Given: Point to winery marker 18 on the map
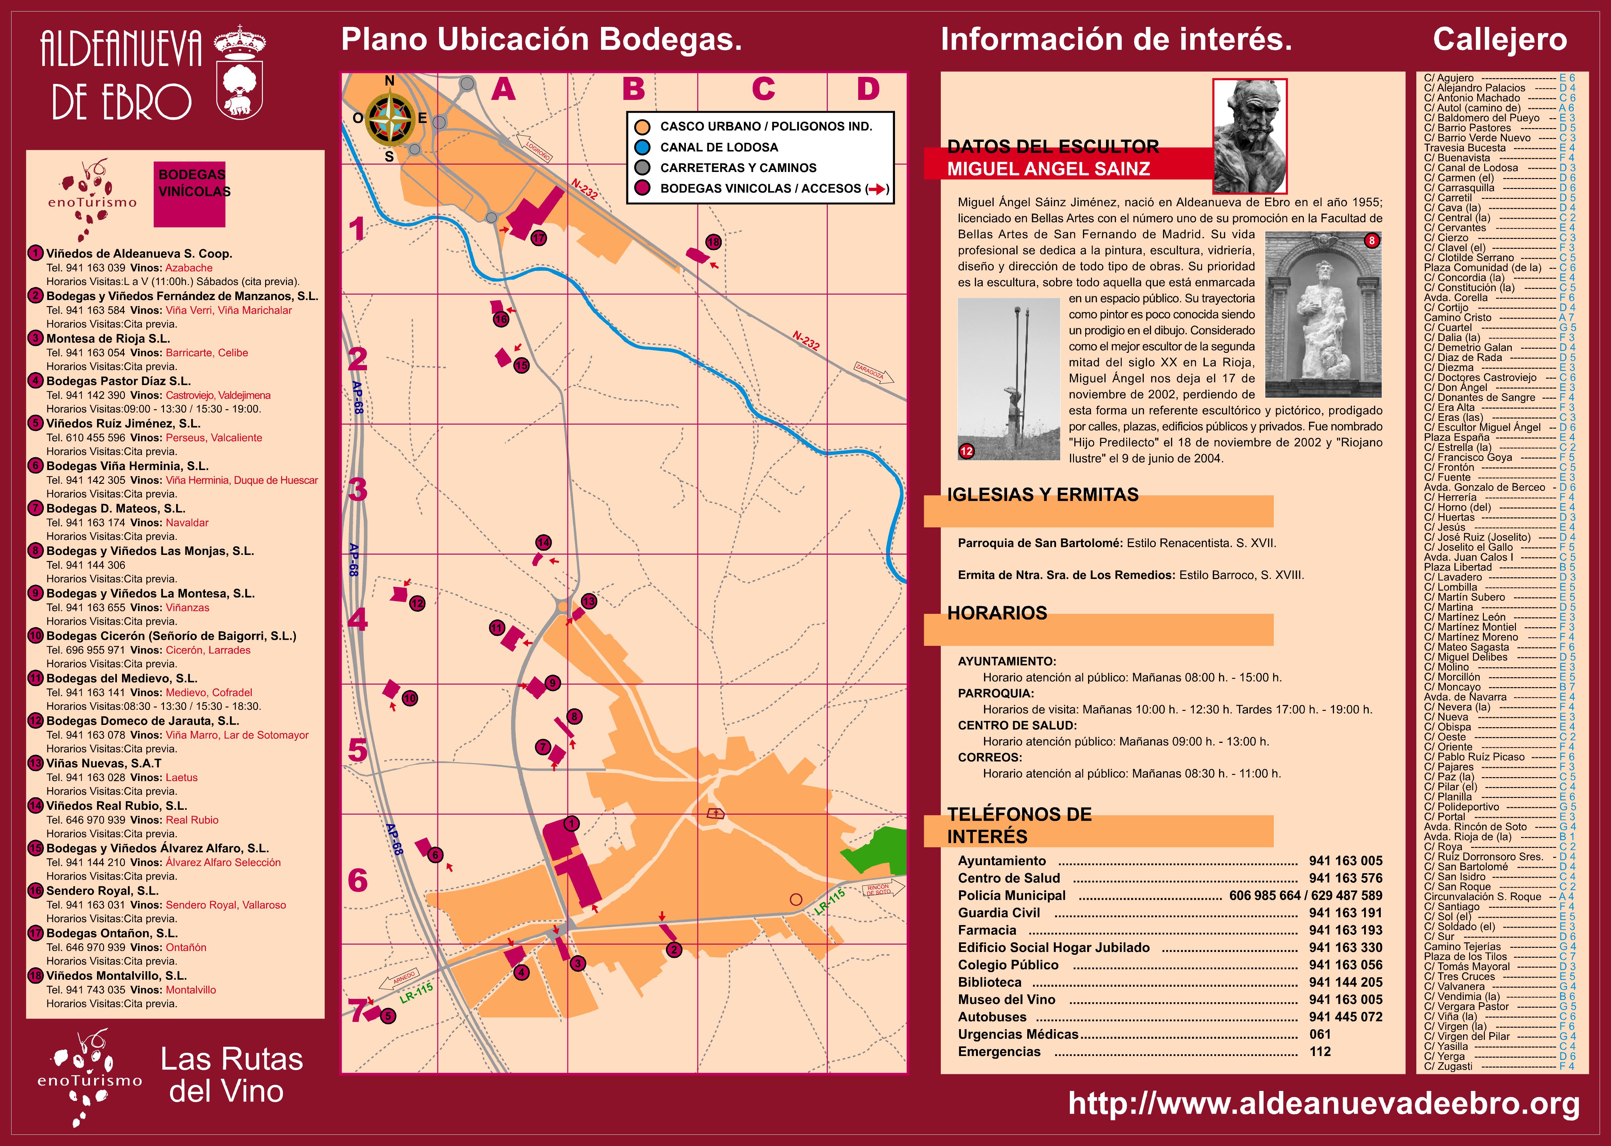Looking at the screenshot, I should pos(713,242).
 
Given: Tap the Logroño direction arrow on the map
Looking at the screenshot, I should pos(534,148).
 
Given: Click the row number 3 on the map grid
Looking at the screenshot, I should pos(358,489).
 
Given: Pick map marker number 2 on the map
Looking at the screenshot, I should pos(674,950).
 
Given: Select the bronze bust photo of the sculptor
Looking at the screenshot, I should pos(1250,135).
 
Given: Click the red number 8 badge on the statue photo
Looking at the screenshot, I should pos(1371,241).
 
